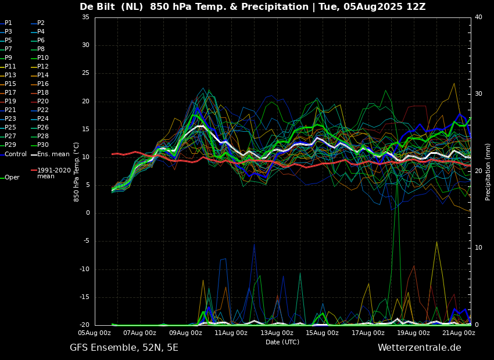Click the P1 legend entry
point(6,23)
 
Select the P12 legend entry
point(40,66)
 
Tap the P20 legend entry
point(40,102)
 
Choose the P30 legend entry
point(40,145)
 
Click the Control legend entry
point(13,154)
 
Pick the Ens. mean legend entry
point(50,154)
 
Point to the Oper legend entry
point(10,178)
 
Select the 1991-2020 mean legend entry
point(51,173)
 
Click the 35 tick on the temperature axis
point(85,17)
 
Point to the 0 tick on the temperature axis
point(88,213)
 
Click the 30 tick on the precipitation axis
point(478,94)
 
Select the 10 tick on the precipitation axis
point(478,248)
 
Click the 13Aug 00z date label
point(277,333)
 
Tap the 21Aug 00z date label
point(459,333)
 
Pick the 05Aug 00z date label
point(95,333)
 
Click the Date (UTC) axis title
point(282,342)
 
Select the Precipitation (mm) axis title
point(488,171)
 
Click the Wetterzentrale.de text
point(420,348)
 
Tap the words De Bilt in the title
point(97,6)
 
